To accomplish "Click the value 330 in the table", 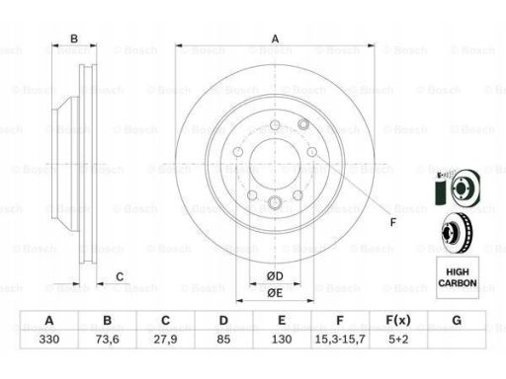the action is click(49, 339).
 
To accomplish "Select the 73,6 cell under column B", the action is click(108, 339).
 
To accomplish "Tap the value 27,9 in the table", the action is click(165, 339).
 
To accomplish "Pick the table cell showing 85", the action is click(223, 339).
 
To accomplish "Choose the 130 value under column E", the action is click(282, 339).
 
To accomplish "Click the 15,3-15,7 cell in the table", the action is click(340, 339).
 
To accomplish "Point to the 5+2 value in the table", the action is click(398, 339).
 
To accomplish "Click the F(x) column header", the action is click(398, 320).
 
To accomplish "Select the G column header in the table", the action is click(457, 320).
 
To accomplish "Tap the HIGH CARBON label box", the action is click(458, 277).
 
